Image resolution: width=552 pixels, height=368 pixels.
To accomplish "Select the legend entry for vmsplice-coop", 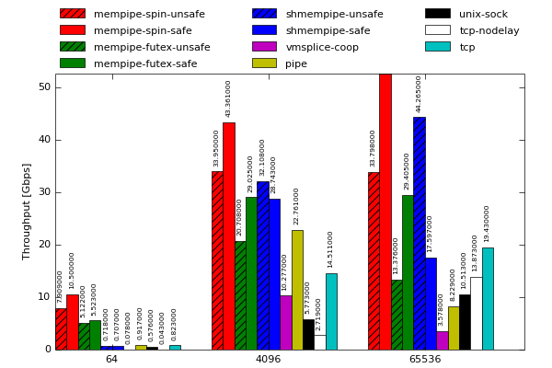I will (x=322, y=47).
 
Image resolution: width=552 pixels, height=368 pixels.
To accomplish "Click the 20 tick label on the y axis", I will (x=44, y=245).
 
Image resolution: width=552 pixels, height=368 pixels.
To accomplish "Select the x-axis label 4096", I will (x=268, y=359).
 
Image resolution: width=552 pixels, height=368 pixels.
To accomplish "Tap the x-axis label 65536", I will (x=424, y=359).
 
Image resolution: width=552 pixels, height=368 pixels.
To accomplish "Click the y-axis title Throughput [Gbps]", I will (x=27, y=211).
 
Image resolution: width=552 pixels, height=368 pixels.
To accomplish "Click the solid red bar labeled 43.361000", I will (x=228, y=236).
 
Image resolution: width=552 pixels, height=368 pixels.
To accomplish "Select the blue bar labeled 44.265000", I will (x=419, y=233).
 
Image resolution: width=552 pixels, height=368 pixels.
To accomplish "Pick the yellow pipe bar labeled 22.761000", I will (x=297, y=290).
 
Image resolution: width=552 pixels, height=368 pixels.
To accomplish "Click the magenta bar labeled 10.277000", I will (x=285, y=322).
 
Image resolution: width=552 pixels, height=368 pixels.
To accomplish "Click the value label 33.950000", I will (x=217, y=147).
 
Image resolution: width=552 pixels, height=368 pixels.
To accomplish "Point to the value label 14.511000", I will (x=330, y=249).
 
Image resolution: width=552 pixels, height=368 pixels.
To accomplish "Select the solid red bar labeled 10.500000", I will (x=72, y=322).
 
